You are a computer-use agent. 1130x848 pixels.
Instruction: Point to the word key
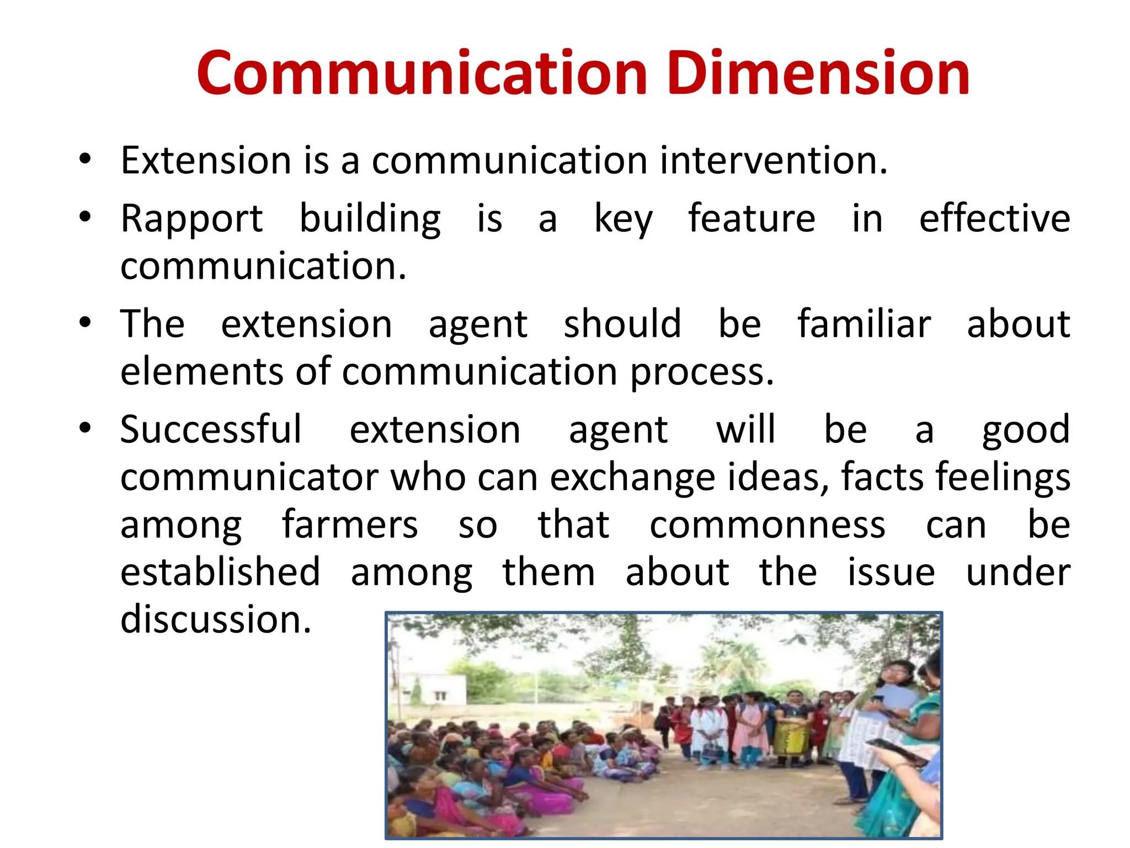[x=623, y=220]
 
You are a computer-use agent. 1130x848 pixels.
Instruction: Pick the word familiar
[x=864, y=324]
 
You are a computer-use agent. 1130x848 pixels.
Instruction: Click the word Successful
[x=211, y=430]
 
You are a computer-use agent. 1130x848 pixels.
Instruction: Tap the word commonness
[x=767, y=525]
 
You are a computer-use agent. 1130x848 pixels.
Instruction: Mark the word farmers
[x=350, y=525]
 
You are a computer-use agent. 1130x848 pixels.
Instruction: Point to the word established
[x=220, y=573]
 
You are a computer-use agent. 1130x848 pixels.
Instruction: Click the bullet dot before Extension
[x=84, y=160]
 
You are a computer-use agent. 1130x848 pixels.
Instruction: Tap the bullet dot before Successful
[x=84, y=428]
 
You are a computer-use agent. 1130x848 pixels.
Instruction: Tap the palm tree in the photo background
[x=739, y=662]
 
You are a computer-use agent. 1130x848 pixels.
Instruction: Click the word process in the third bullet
[x=702, y=373]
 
